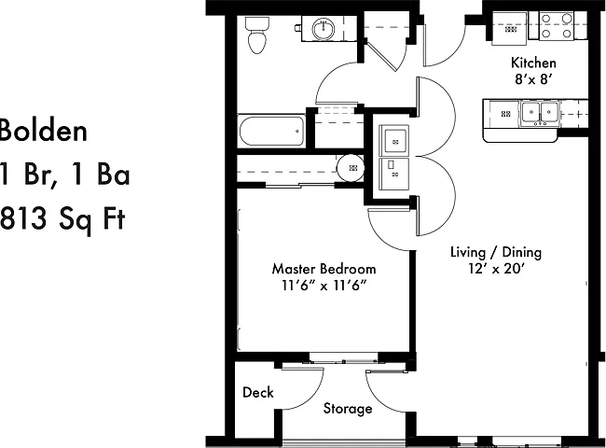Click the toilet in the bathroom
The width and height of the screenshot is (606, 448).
(x=256, y=34)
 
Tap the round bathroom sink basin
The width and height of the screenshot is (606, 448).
(x=324, y=29)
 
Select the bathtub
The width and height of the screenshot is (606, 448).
(x=272, y=131)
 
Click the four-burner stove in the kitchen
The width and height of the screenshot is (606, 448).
(x=557, y=25)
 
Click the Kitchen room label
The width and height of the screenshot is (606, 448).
(x=533, y=63)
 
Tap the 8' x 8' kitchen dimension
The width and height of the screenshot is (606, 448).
(x=533, y=79)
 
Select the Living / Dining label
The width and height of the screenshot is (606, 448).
(x=496, y=252)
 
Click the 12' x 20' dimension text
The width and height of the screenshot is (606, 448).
(x=496, y=268)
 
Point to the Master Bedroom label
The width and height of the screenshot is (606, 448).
(x=324, y=269)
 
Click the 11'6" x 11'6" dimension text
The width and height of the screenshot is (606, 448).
(x=324, y=286)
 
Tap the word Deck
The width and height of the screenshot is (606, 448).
(x=257, y=392)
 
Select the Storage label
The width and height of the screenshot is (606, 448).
(x=348, y=409)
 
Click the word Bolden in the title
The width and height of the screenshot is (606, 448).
(x=43, y=131)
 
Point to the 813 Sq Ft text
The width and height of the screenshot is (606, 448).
(x=62, y=218)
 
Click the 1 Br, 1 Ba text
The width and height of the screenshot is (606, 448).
(x=64, y=175)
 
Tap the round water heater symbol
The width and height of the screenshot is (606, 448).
(x=351, y=168)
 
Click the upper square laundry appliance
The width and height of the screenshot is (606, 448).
(x=393, y=140)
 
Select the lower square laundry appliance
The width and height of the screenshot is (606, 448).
(x=393, y=174)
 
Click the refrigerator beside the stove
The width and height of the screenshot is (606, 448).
(x=509, y=29)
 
